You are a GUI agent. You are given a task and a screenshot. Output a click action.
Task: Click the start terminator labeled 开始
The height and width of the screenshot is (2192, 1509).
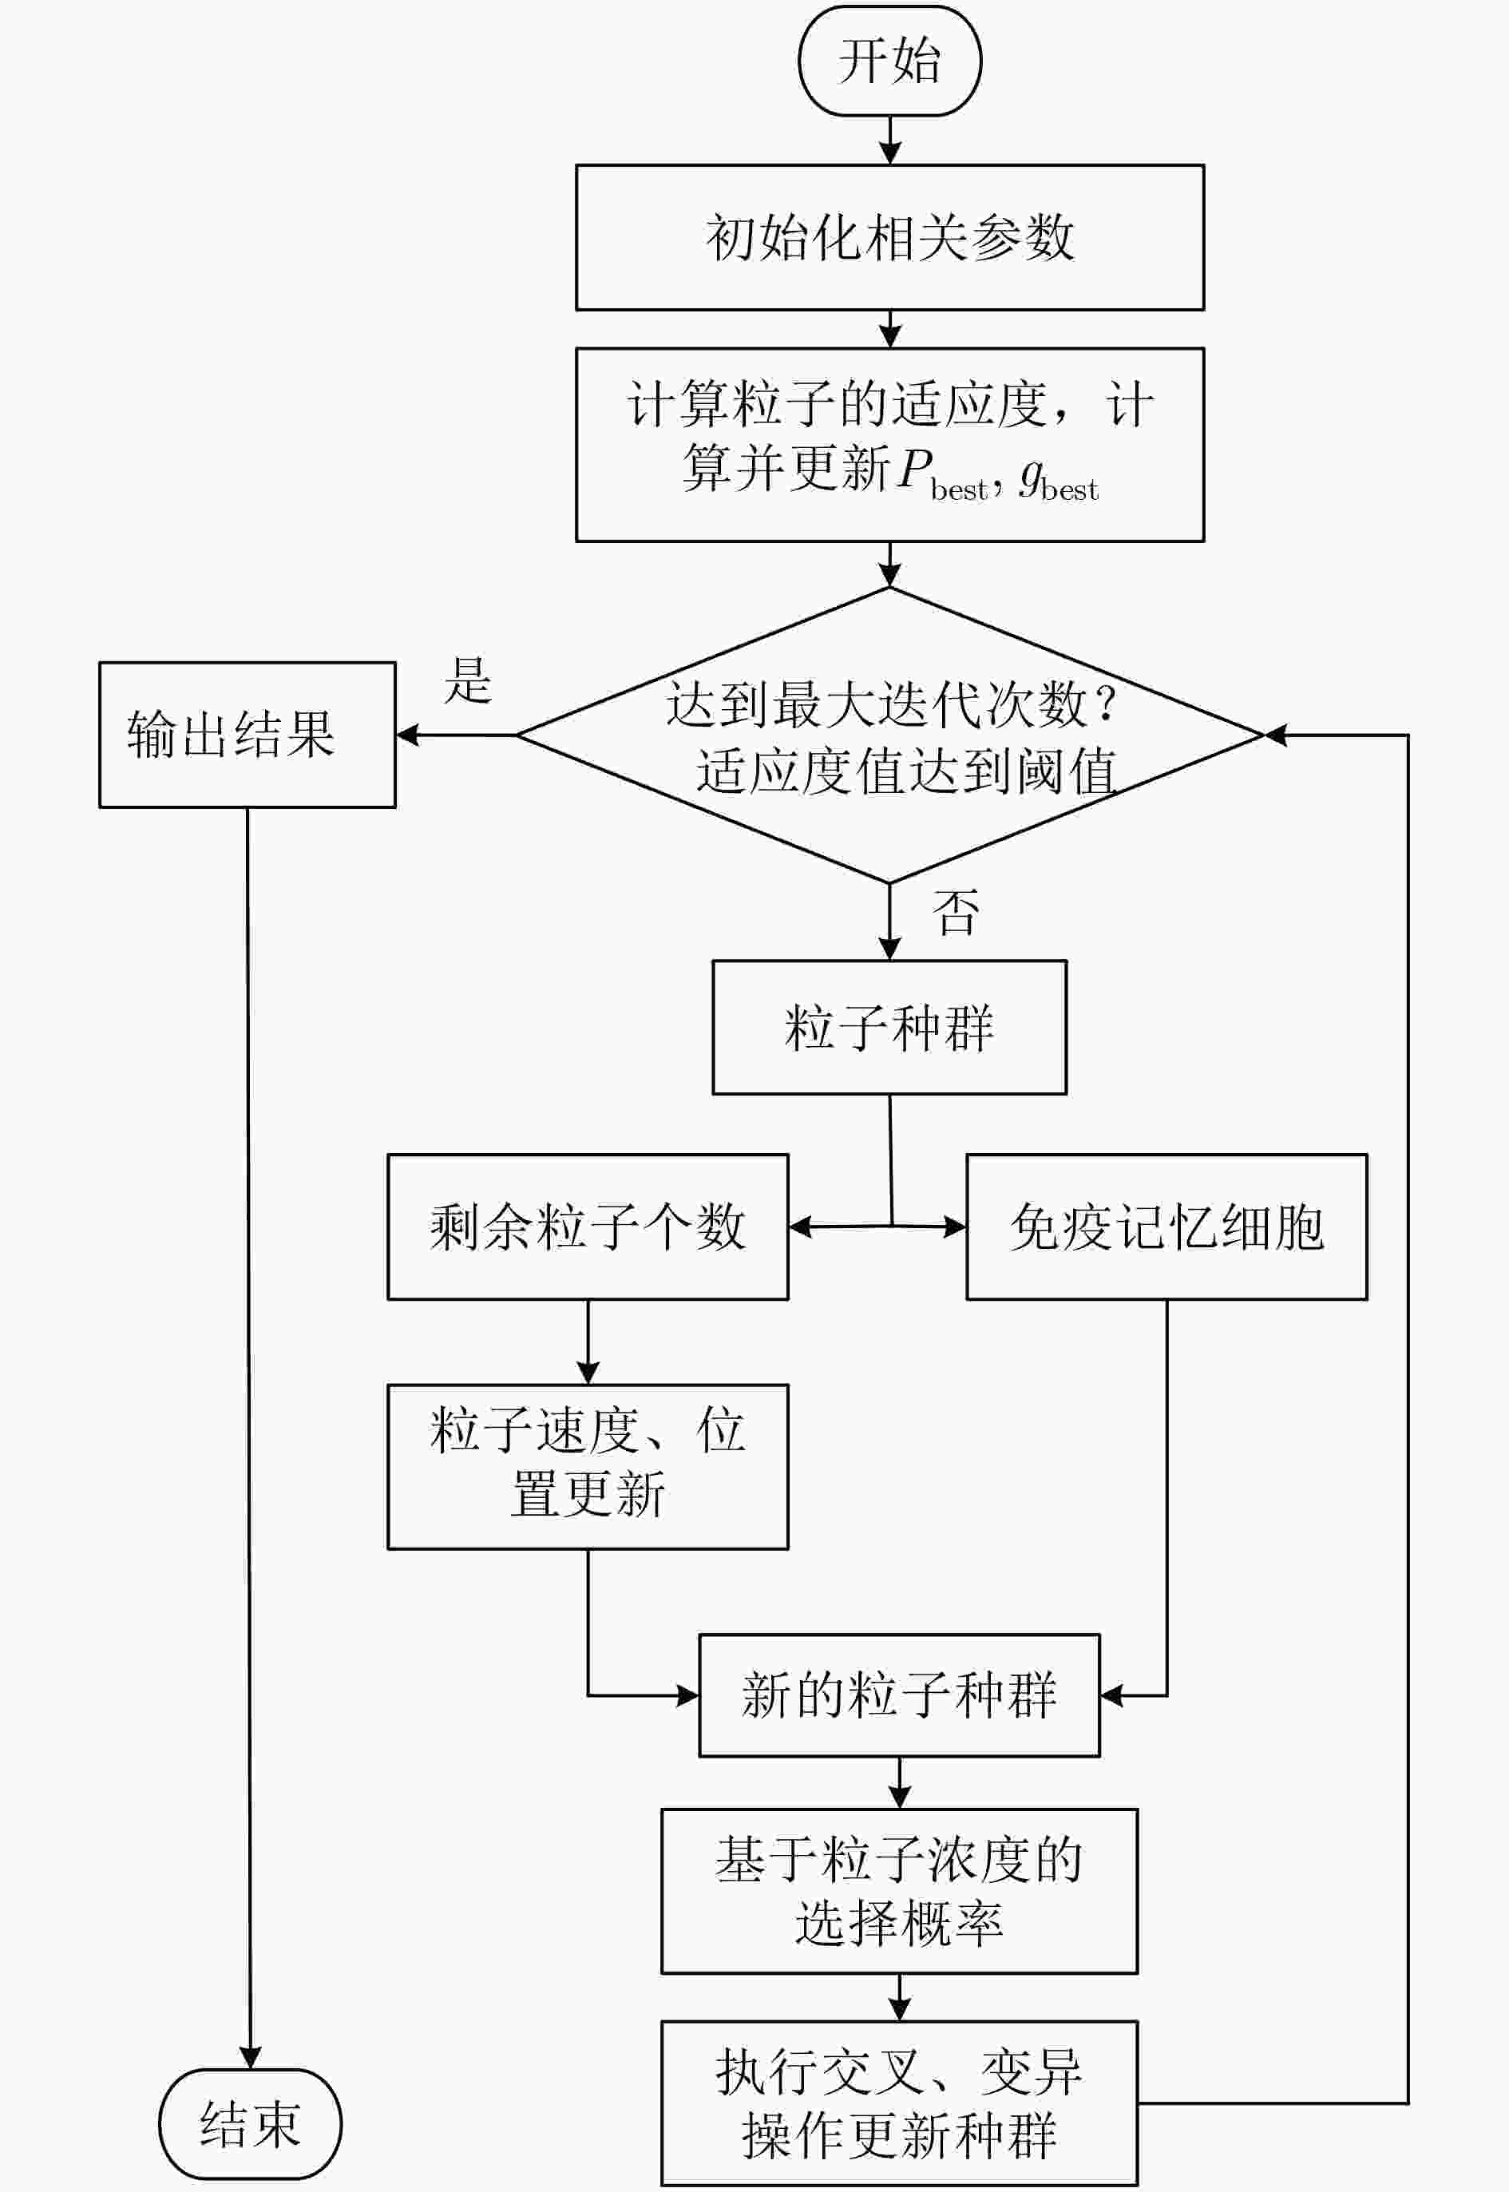(889, 61)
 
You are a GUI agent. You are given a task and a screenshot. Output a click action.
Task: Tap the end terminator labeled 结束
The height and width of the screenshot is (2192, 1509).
(250, 2124)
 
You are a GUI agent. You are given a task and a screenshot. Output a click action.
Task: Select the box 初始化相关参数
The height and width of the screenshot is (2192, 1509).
(889, 237)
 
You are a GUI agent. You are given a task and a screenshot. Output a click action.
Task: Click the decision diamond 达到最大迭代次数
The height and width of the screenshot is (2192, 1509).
(889, 735)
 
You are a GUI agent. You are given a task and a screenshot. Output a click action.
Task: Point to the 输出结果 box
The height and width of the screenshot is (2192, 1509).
(247, 735)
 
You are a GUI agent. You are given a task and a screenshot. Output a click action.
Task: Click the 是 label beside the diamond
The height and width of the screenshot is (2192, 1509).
(468, 681)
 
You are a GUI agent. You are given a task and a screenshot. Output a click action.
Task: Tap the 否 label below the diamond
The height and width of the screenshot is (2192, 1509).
(956, 913)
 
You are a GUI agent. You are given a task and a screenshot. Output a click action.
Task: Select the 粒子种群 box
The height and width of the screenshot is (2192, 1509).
(889, 1028)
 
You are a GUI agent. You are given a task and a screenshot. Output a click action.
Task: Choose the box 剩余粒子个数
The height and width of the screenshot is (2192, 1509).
(587, 1227)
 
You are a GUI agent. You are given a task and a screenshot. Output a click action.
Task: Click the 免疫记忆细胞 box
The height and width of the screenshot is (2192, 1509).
(1166, 1227)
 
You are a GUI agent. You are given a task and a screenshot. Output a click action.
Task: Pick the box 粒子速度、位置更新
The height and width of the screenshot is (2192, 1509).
(587, 1467)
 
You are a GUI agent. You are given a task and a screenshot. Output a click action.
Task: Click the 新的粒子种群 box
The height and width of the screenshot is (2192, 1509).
(899, 1695)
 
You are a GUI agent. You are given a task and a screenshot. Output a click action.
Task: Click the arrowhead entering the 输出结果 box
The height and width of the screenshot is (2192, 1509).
(407, 735)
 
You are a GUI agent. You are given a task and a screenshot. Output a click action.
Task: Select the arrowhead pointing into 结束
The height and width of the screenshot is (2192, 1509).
(250, 2058)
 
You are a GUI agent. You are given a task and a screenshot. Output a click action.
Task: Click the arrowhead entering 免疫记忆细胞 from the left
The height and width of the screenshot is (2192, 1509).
(955, 1227)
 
